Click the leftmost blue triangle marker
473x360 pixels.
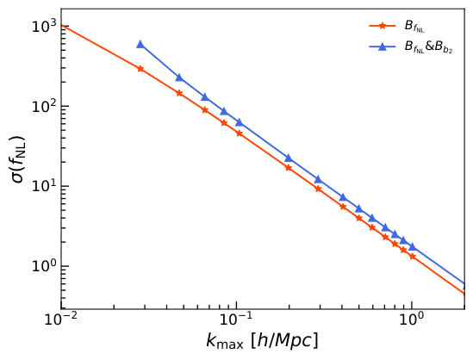[x=140, y=44]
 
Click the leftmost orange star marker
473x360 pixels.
[x=140, y=69]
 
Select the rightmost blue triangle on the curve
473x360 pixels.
[x=412, y=246]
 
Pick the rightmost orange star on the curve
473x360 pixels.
[x=412, y=257]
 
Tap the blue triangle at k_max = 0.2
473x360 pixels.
[x=289, y=158]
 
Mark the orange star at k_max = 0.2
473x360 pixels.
[x=289, y=167]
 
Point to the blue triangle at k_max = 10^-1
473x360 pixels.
[x=239, y=122]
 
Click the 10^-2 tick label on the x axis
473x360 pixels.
[x=60, y=320]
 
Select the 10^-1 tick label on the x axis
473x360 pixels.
[x=236, y=320]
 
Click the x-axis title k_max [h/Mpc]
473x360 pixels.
[x=262, y=341]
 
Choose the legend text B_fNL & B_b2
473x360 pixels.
[x=428, y=47]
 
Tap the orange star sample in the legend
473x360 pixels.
[x=382, y=26]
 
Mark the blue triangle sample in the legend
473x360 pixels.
[x=382, y=47]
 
